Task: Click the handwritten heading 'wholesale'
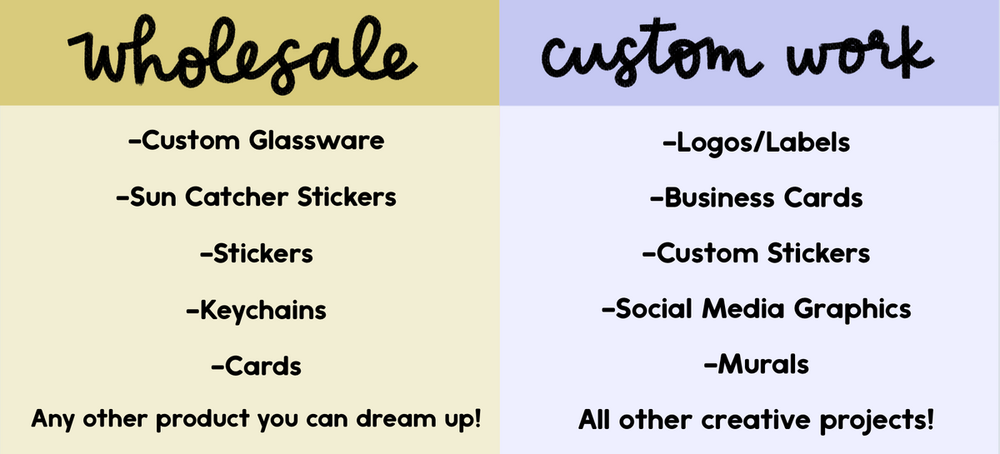click(242, 53)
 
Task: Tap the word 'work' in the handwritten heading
click(859, 52)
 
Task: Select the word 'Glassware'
click(317, 141)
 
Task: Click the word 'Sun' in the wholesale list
click(152, 197)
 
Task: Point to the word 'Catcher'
click(237, 197)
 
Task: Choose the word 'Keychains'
click(263, 310)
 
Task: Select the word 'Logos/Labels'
click(763, 143)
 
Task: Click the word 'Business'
click(719, 197)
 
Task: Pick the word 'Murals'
click(763, 364)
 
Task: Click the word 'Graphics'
click(852, 310)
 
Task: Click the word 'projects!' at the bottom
click(877, 421)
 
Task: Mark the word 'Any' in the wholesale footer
click(52, 420)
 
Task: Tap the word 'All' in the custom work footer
click(594, 420)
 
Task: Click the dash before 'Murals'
click(710, 366)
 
